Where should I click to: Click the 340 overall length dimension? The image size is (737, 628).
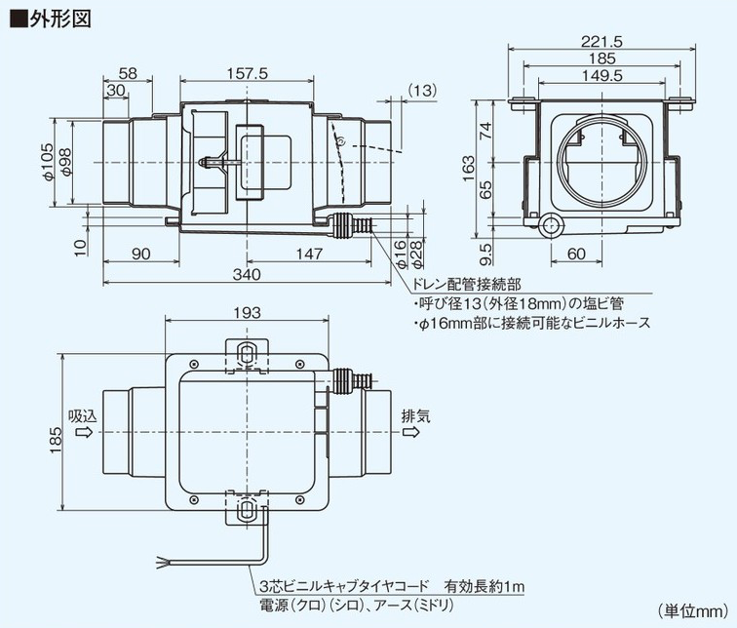coord(247,276)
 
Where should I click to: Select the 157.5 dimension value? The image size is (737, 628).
coord(247,74)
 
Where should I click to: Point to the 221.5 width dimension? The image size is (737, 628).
coord(599,41)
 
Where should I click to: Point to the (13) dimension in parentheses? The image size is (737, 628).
coord(420,90)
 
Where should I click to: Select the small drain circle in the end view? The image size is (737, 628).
coord(552,226)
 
